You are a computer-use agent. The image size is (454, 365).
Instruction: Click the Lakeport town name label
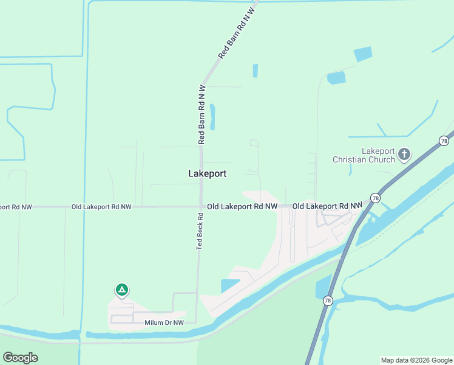pos(208,173)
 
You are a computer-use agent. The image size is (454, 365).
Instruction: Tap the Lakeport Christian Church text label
pos(363,155)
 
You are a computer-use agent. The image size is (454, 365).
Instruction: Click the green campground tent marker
pos(122,290)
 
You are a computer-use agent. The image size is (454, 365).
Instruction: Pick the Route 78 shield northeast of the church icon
pos(444,141)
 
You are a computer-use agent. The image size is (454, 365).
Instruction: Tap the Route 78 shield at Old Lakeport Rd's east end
pos(376,198)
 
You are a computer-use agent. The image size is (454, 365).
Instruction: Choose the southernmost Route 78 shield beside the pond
pos(328,301)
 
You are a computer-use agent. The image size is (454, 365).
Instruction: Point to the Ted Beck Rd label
pos(199,231)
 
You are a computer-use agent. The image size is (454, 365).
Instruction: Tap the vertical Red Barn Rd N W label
pos(202,114)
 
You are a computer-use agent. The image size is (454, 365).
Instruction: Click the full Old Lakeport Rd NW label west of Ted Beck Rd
pos(101,207)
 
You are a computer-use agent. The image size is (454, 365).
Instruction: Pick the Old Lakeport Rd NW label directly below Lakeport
pos(242,207)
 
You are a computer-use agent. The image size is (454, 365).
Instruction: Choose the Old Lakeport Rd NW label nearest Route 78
pos(327,207)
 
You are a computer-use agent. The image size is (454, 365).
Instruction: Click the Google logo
pos(20,358)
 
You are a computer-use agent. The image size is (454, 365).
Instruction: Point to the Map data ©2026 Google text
pos(416,360)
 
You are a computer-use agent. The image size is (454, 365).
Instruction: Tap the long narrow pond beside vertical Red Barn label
pos(212,116)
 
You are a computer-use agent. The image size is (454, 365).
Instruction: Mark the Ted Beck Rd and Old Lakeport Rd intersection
pos(202,207)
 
